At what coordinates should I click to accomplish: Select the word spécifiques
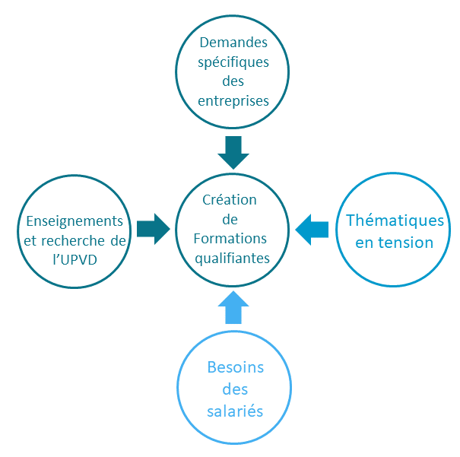[233, 63]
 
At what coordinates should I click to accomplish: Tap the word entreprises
[233, 100]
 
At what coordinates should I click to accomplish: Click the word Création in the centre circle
[230, 200]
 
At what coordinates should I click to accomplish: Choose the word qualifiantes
[232, 258]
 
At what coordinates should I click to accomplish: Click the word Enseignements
[75, 221]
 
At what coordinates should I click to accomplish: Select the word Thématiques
[395, 221]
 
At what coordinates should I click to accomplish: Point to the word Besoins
[235, 368]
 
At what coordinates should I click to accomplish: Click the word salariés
[235, 411]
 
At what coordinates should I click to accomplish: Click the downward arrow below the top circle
[233, 152]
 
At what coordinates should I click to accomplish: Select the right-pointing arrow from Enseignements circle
[154, 228]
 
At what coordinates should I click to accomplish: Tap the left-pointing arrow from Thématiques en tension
[312, 228]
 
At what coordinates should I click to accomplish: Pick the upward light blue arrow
[233, 306]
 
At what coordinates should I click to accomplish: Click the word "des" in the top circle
[233, 81]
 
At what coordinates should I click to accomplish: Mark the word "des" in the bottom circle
[235, 389]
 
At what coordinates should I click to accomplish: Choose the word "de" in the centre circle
[230, 220]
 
